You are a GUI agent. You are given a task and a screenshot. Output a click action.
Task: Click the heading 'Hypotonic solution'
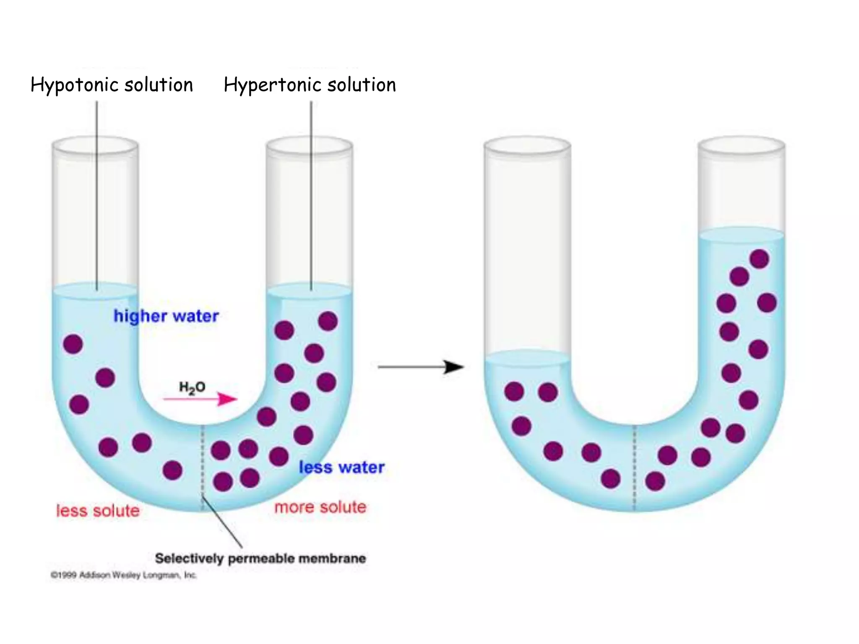[112, 85]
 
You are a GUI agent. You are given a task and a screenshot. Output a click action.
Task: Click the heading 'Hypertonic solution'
[310, 85]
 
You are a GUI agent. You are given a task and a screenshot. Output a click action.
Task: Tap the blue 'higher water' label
[166, 316]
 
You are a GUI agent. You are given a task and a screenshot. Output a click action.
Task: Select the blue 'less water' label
[341, 467]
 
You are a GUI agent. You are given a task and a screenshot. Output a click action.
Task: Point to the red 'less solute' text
[98, 511]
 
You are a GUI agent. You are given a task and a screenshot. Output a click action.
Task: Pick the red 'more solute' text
[320, 507]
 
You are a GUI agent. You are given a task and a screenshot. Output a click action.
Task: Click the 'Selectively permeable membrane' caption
[260, 558]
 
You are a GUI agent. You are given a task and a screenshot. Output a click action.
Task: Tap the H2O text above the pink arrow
[192, 387]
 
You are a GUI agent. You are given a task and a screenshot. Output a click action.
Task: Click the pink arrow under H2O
[200, 399]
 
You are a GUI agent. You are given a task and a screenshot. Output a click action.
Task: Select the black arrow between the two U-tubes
[420, 367]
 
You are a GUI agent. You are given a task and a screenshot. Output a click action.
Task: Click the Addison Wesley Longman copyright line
[123, 575]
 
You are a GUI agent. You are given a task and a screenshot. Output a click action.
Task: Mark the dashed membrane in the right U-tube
[635, 467]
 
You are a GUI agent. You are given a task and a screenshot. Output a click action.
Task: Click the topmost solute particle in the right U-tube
[759, 259]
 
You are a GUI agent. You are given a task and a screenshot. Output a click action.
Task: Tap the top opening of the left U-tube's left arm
[95, 145]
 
